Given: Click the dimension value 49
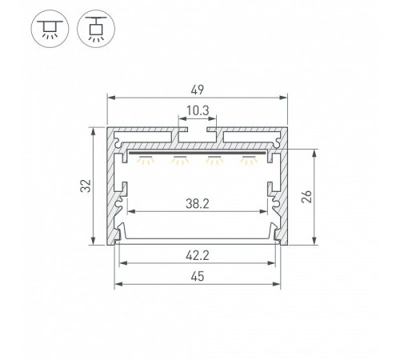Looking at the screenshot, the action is (x=198, y=90).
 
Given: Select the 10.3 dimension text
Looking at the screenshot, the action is (x=198, y=110).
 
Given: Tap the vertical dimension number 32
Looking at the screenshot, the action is (x=86, y=186).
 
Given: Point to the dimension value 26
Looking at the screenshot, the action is (x=307, y=197).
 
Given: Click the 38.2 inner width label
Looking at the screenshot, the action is (x=198, y=204).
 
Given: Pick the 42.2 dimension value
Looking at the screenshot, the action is (x=198, y=256).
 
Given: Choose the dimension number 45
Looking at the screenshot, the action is (x=198, y=276).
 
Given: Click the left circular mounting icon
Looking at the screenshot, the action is (x=50, y=29).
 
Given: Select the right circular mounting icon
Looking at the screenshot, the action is (x=96, y=29).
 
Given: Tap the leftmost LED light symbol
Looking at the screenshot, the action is (x=146, y=159).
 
